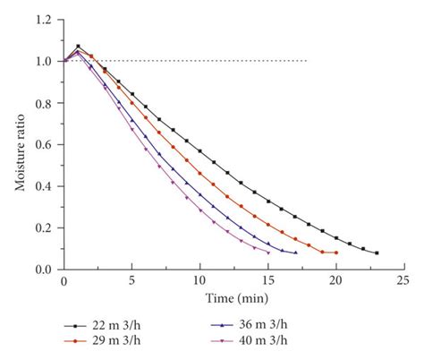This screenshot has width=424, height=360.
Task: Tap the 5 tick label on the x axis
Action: pos(132,282)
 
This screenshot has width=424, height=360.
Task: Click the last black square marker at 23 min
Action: pos(377,253)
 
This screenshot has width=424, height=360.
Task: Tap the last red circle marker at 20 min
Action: pos(335,253)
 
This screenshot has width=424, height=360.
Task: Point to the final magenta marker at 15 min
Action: pos(268,253)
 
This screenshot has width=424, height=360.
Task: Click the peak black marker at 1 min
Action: pos(78,47)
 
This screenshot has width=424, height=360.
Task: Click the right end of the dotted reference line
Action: pos(307,61)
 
